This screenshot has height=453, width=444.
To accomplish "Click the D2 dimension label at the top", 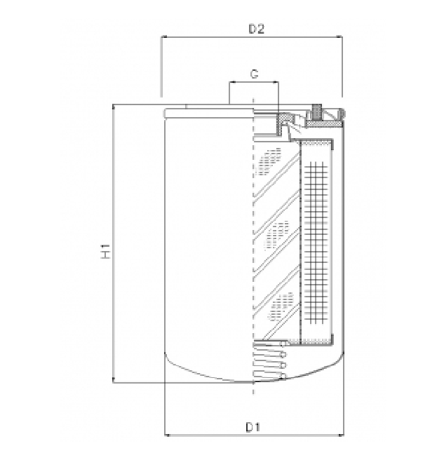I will (x=256, y=29).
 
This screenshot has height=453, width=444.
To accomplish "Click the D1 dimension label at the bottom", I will (x=253, y=427).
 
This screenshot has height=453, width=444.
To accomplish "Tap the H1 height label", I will (x=105, y=252).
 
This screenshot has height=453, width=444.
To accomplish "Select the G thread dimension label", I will (x=254, y=74).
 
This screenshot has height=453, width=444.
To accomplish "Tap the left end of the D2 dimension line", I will (x=162, y=37).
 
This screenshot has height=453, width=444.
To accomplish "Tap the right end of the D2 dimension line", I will (x=342, y=37).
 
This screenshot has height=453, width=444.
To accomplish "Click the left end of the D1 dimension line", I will (x=163, y=435).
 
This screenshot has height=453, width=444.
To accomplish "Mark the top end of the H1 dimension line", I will (x=114, y=104).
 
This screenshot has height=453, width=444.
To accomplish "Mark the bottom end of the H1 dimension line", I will (x=114, y=383).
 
